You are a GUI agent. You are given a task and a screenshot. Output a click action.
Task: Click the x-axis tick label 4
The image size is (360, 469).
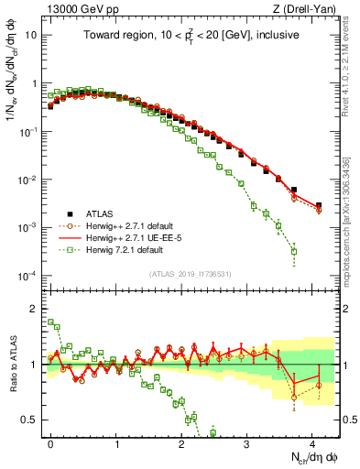coord(311,442)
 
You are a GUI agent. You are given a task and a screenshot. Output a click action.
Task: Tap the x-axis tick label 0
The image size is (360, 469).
coord(50,442)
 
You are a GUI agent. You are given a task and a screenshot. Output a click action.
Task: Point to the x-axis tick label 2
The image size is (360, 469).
coord(181,442)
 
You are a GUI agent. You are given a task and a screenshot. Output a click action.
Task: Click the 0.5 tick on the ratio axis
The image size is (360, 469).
coord(31,420)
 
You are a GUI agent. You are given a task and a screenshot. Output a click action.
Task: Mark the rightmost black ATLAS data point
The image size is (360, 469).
coord(319,206)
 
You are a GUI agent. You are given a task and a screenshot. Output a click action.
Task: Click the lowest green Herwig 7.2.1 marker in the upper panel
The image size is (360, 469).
coord(294,251)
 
